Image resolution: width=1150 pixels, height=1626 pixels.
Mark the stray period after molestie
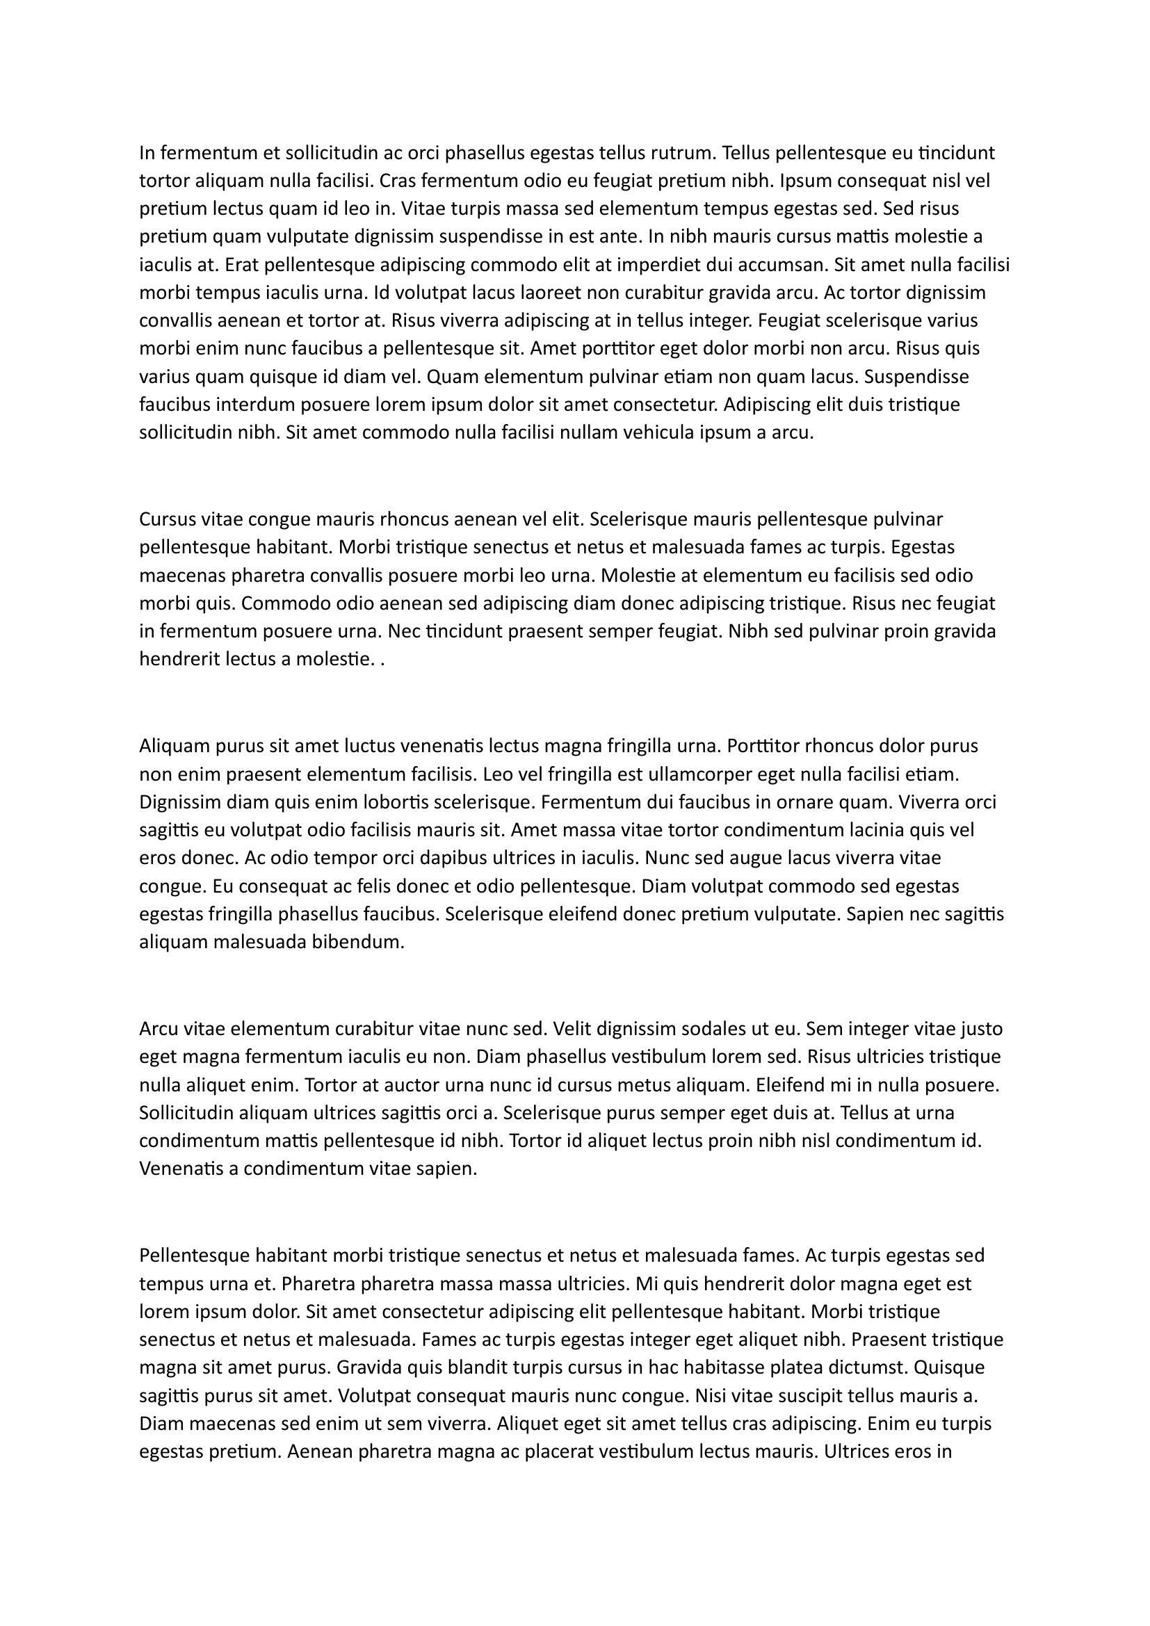382,660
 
